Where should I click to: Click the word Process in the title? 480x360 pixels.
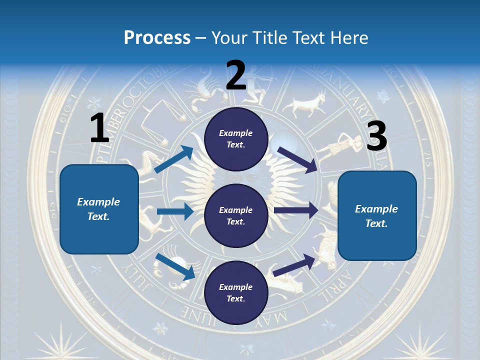coord(157,38)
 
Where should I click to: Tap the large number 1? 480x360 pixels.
coord(99,128)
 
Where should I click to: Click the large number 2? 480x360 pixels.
coord(236,75)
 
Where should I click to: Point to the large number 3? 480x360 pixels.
coord(376,136)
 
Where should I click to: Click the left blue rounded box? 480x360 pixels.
coord(99,209)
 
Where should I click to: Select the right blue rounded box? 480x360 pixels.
coord(377,215)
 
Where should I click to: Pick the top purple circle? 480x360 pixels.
coord(236,139)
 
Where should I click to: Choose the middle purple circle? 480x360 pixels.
coord(236,215)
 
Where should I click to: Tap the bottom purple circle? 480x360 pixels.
coord(236,292)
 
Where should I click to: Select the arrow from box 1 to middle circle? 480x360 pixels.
coord(175,211)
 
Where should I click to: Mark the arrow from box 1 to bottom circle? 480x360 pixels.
coord(175,266)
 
